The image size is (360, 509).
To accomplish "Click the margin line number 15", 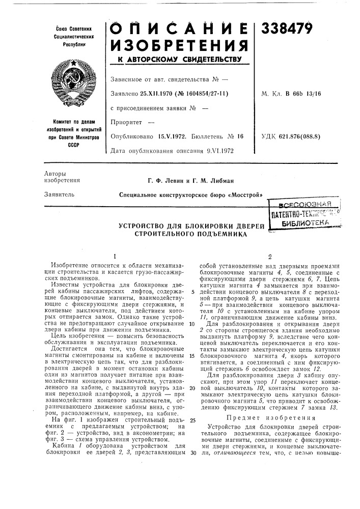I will [x=191, y=341].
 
